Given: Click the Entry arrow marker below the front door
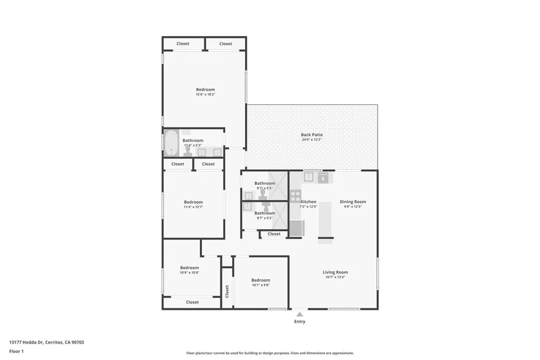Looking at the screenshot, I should point(300,314).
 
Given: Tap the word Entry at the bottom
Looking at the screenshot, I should point(300,322).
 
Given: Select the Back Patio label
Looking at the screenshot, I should point(312,135).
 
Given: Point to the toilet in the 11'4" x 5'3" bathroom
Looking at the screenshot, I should point(187,151).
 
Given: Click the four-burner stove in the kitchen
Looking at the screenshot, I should point(295,196).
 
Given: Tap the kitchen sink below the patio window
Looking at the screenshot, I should point(311,178).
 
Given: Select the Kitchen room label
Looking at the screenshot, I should point(308,202).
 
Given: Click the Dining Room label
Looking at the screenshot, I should point(353,202).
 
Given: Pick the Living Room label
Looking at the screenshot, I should point(335,273).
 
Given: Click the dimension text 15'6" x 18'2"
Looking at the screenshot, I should point(206,94).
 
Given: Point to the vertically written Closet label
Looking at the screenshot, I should point(227,290).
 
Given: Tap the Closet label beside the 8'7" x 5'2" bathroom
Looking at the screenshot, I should point(274,234).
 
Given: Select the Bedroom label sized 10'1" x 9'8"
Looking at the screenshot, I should point(261,280).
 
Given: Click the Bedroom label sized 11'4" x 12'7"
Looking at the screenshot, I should point(193,202).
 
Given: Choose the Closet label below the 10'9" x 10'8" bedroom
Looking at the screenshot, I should point(192,302).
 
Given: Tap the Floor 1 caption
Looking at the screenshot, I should point(16,351).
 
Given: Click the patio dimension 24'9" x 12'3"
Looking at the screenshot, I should point(312,140).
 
